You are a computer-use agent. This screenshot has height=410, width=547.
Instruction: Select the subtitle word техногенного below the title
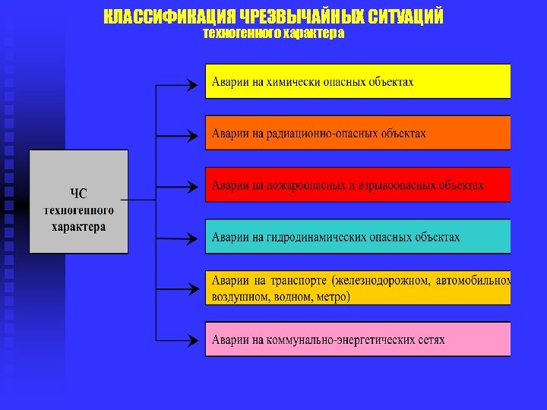pyautogui.click(x=239, y=33)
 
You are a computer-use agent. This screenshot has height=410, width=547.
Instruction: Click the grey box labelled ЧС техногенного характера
pyautogui.click(x=79, y=201)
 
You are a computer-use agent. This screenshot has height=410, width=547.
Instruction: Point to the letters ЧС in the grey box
pyautogui.click(x=79, y=193)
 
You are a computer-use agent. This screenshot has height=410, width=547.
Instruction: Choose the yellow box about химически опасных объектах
pyautogui.click(x=358, y=81)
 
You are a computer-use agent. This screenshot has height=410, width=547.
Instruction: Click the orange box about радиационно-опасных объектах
pyautogui.click(x=358, y=133)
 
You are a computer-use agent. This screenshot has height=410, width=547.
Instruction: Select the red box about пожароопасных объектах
pyautogui.click(x=358, y=184)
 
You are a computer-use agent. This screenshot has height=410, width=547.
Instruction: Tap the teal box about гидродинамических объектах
pyautogui.click(x=358, y=236)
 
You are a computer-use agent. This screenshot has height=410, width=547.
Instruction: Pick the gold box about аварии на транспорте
pyautogui.click(x=358, y=288)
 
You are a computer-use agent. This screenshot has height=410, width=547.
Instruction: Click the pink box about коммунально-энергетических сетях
pyautogui.click(x=358, y=339)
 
